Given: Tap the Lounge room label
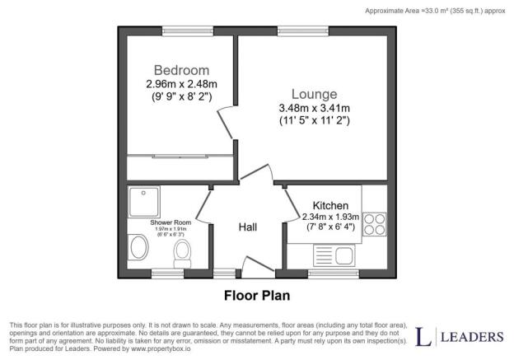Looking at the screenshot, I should (307, 94).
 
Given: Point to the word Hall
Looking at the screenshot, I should (249, 227).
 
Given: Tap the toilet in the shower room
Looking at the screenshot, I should (184, 250).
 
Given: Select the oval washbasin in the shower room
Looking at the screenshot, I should (138, 246).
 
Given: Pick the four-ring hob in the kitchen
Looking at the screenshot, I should (375, 224).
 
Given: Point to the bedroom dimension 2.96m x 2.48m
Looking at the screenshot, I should (181, 84).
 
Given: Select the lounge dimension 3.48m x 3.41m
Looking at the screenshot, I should (314, 110).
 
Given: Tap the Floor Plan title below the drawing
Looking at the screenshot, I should (257, 294).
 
